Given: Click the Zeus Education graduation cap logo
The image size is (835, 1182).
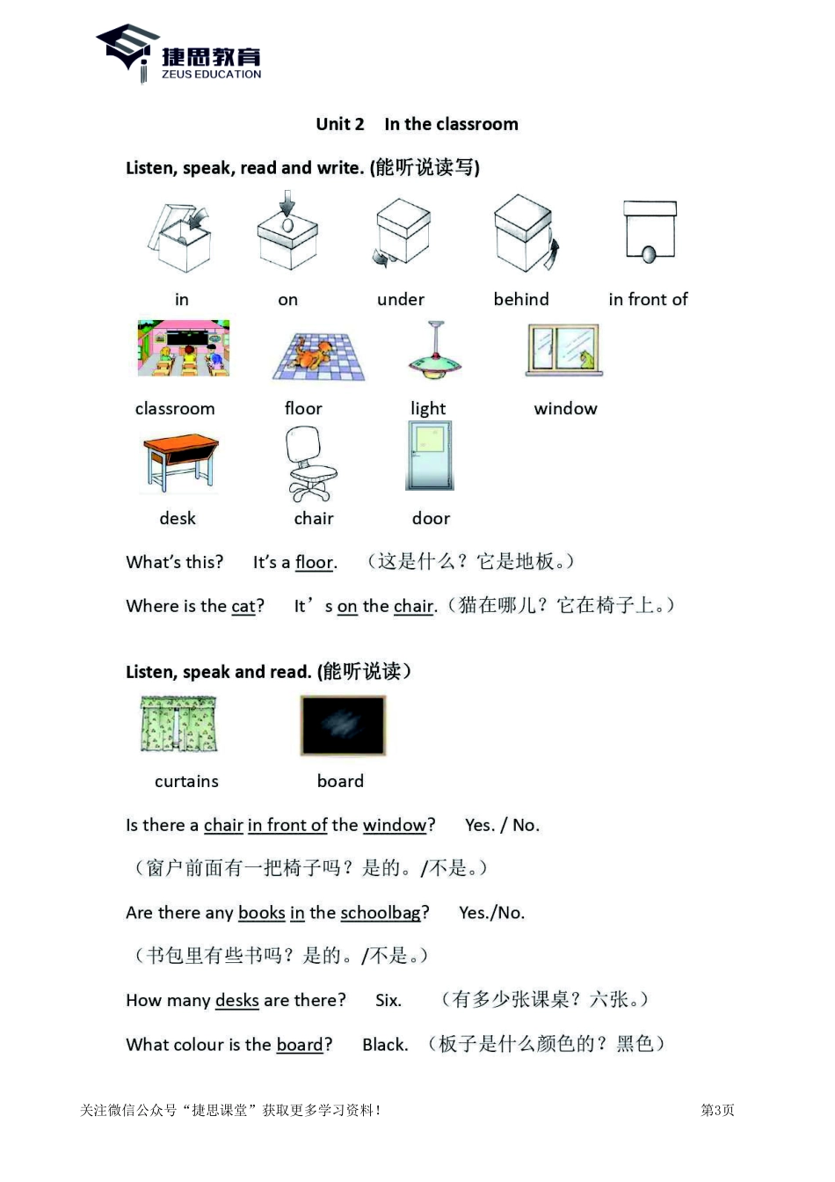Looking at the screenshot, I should (x=128, y=50).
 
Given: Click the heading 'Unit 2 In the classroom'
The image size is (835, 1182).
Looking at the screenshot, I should (x=417, y=124).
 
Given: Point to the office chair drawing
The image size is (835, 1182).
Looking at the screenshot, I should (x=309, y=463).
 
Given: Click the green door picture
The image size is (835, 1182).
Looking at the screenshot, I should (x=430, y=455).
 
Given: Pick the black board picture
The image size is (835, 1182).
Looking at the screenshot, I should (x=343, y=726).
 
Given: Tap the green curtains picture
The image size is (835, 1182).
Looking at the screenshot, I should (x=178, y=725).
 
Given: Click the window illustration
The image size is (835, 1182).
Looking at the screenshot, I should (x=563, y=349).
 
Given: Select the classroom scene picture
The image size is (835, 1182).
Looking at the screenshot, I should (x=184, y=348).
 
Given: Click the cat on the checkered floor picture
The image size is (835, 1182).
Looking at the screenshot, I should (x=319, y=356).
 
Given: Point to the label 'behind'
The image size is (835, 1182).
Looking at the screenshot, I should (x=521, y=300).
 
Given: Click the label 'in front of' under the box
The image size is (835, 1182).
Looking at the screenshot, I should (x=648, y=300).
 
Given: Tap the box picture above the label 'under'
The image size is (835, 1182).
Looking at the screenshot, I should (x=402, y=232).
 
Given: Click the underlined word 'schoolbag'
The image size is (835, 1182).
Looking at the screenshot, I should (x=381, y=913).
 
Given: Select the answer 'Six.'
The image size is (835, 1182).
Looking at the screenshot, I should (x=388, y=1001).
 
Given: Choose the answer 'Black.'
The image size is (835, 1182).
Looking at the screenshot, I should (x=385, y=1045).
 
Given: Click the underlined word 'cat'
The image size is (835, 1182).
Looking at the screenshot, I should (x=243, y=607).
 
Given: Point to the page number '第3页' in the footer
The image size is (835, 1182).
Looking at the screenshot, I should (x=717, y=1111).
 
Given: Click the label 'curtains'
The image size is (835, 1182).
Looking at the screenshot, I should (x=186, y=782).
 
